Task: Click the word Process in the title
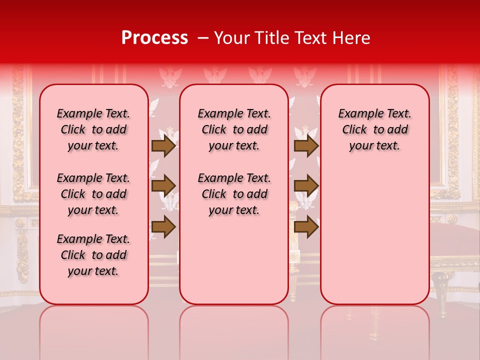point(154,38)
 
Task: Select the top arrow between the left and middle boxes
point(163,146)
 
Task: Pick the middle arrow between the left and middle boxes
point(163,186)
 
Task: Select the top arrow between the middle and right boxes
point(306,146)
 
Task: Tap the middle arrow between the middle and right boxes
point(306,186)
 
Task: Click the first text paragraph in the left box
point(93,129)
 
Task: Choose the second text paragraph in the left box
point(93,194)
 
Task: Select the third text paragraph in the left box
point(93,255)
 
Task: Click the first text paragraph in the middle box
point(234,129)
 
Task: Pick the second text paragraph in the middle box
point(234,194)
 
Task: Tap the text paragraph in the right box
point(375,129)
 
